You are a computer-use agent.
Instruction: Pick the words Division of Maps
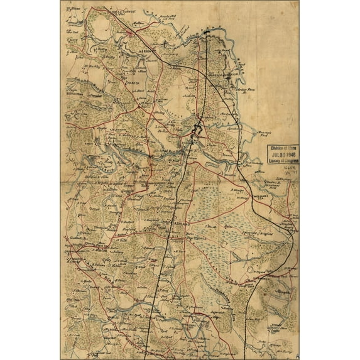(x=284, y=148)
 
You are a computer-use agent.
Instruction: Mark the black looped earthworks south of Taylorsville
(x=197, y=132)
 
